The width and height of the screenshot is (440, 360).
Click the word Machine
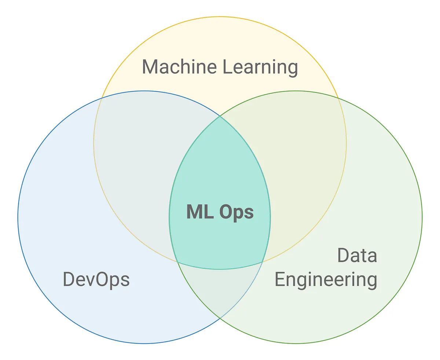pos(179,67)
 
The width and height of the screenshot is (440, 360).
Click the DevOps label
pos(96,279)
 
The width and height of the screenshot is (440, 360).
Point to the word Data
pos(357,256)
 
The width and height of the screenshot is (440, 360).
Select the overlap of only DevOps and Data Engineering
pos(220,290)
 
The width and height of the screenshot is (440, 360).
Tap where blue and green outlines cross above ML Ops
pos(220,116)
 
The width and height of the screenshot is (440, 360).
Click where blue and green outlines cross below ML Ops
pos(220,318)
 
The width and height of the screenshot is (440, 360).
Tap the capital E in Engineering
pos(280,279)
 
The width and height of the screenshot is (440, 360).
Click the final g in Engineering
pos(371,282)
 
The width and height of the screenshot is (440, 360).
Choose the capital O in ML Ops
pos(227,212)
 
